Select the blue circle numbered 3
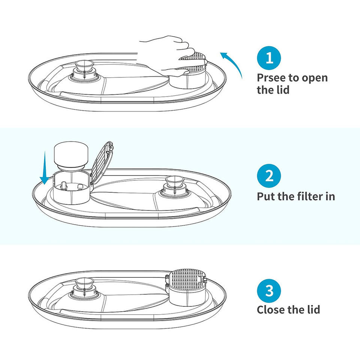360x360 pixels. (x=269, y=291)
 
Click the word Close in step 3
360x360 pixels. (x=271, y=310)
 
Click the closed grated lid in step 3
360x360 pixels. (x=186, y=279)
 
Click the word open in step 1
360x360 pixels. (x=315, y=78)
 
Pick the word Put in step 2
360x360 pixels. (x=265, y=196)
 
